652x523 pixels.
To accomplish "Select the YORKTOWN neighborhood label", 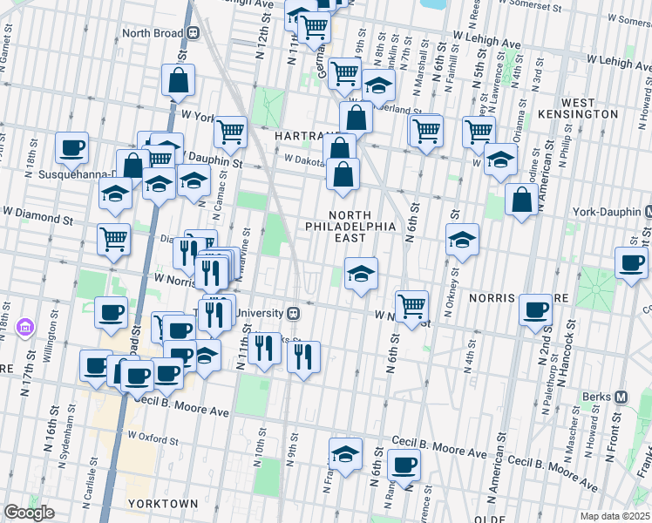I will pyautogui.click(x=162, y=504).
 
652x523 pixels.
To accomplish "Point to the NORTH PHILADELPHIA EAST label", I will pyautogui.click(x=350, y=221).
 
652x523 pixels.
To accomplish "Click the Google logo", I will pyautogui.click(x=29, y=513).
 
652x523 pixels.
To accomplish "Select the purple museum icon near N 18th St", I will pyautogui.click(x=24, y=327).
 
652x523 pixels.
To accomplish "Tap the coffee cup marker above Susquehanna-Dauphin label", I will pyautogui.click(x=72, y=146).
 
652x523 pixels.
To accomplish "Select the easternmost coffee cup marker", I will pyautogui.click(x=631, y=261).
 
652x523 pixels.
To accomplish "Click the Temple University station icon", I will pyautogui.click(x=295, y=313).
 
